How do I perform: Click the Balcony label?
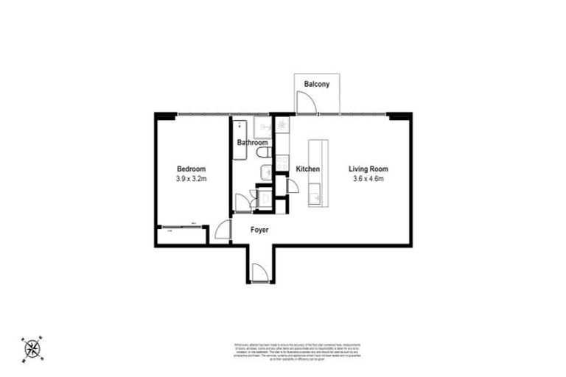[x=317, y=85]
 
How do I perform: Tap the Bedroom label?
[x=191, y=169]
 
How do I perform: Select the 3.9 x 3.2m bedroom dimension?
[x=191, y=179]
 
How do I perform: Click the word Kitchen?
[x=307, y=169]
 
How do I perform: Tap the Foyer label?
[x=259, y=230]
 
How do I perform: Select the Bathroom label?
[x=251, y=143]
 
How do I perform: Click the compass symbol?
[x=32, y=348]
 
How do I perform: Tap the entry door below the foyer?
[x=259, y=273]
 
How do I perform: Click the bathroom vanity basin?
[x=264, y=174]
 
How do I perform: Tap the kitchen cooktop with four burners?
[x=282, y=125]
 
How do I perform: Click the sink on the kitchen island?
[x=317, y=196]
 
